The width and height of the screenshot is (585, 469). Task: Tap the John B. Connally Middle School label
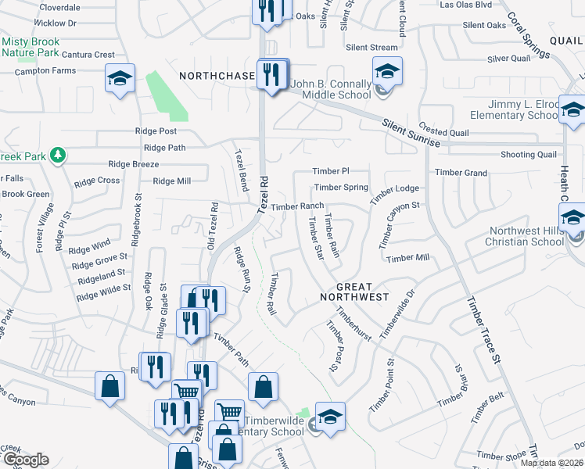pyautogui.click(x=331, y=89)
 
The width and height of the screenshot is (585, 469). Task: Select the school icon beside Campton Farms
pyautogui.click(x=120, y=79)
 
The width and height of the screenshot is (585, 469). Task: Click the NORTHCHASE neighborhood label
pyautogui.click(x=217, y=76)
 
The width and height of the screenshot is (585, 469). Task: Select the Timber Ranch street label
pyautogui.click(x=297, y=206)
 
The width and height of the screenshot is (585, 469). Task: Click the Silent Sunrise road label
pyautogui.click(x=411, y=133)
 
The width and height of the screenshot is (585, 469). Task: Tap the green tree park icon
pyautogui.click(x=57, y=154)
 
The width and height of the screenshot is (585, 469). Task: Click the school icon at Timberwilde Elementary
pyautogui.click(x=329, y=417)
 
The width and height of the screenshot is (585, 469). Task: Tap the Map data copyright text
pyautogui.click(x=552, y=463)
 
